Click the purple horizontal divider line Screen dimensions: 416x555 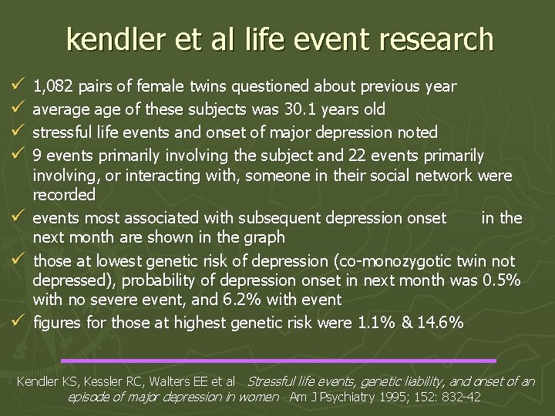coord(278,360)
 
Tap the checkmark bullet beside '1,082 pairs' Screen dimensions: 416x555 coord(18,86)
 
